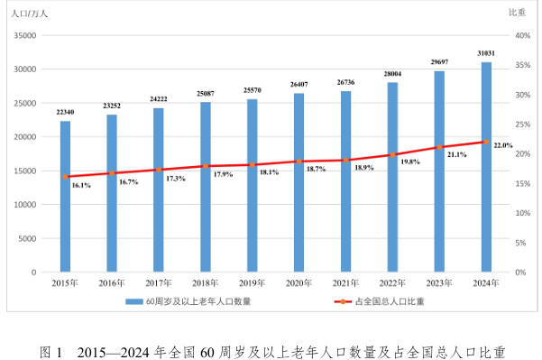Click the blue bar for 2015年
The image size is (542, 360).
[x=65, y=197]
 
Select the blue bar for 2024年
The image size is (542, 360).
[x=486, y=167]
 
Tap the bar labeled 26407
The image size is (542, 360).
[x=299, y=182]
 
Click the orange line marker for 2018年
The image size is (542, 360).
[x=206, y=166]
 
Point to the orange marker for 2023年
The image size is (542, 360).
[x=439, y=147]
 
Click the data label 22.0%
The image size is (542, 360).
[x=503, y=145]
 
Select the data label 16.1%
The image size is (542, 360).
[x=81, y=185]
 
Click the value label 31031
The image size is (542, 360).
[x=486, y=53]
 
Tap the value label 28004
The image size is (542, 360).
[x=392, y=74]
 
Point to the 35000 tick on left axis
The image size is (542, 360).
[x=25, y=35]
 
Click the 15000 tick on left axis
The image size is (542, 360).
[x=25, y=171]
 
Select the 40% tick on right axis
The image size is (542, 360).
[x=523, y=35]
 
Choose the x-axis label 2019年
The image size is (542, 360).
[x=252, y=283]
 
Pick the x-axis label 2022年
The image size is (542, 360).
[x=392, y=283]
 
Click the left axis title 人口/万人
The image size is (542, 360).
[x=30, y=14]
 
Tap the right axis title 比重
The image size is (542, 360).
[x=517, y=13]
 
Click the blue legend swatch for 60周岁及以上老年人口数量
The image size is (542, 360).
[x=134, y=302]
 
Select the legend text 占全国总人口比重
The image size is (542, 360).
[x=390, y=301]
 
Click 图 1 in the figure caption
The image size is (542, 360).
[x=51, y=353]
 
